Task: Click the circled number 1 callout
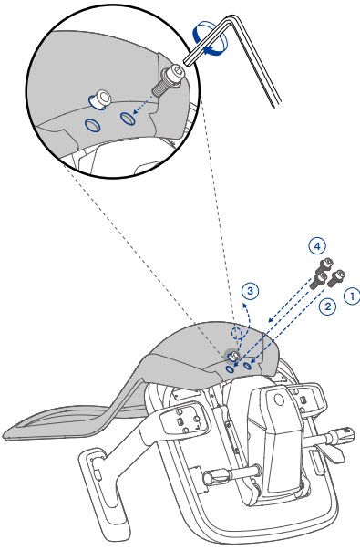point(352,296)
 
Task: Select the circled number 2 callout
point(327,306)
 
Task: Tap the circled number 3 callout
point(250,291)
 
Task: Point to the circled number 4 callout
point(317,246)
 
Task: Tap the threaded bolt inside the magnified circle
point(167,81)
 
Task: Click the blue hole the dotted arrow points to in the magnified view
point(128,118)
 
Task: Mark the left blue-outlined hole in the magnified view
point(93,125)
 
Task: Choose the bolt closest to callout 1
point(336,278)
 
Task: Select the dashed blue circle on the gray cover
point(237,333)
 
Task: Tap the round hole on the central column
point(279,400)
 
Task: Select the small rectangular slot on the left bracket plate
point(180,420)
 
